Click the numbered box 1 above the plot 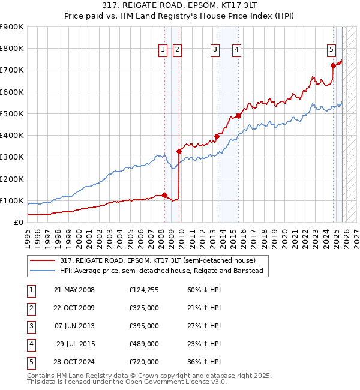click(x=163, y=50)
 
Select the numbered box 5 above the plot click(x=331, y=50)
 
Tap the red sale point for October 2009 click(x=179, y=151)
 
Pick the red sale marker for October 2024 click(x=333, y=65)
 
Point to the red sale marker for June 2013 click(x=217, y=136)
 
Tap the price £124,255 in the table click(x=144, y=290)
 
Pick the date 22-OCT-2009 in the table click(x=74, y=308)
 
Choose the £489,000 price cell click(x=144, y=344)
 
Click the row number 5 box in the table click(x=30, y=362)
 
